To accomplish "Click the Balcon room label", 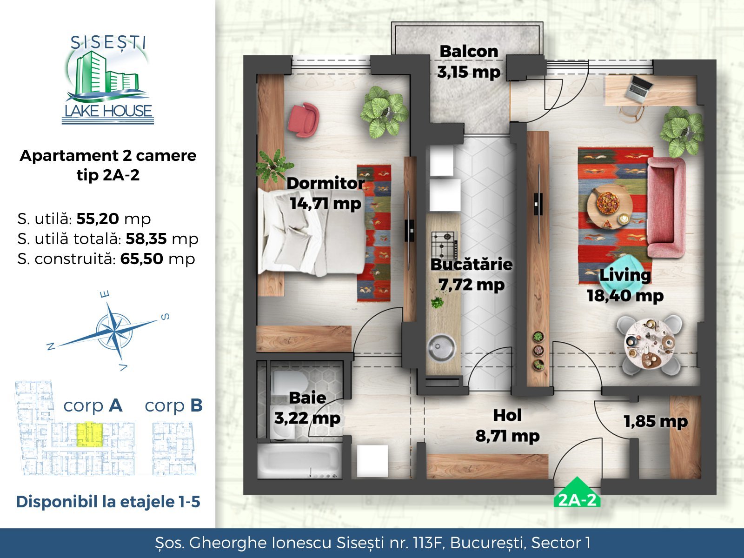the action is click(469, 52).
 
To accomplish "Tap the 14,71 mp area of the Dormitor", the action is click(326, 204).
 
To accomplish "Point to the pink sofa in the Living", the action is click(666, 207).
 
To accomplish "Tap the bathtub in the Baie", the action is click(299, 461).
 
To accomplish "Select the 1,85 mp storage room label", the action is click(656, 421).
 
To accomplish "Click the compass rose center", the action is click(114, 330).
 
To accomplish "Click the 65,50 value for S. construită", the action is click(142, 259).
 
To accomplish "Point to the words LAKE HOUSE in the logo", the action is click(108, 111).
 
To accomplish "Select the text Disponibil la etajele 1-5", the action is click(108, 502).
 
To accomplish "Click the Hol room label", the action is click(507, 415).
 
